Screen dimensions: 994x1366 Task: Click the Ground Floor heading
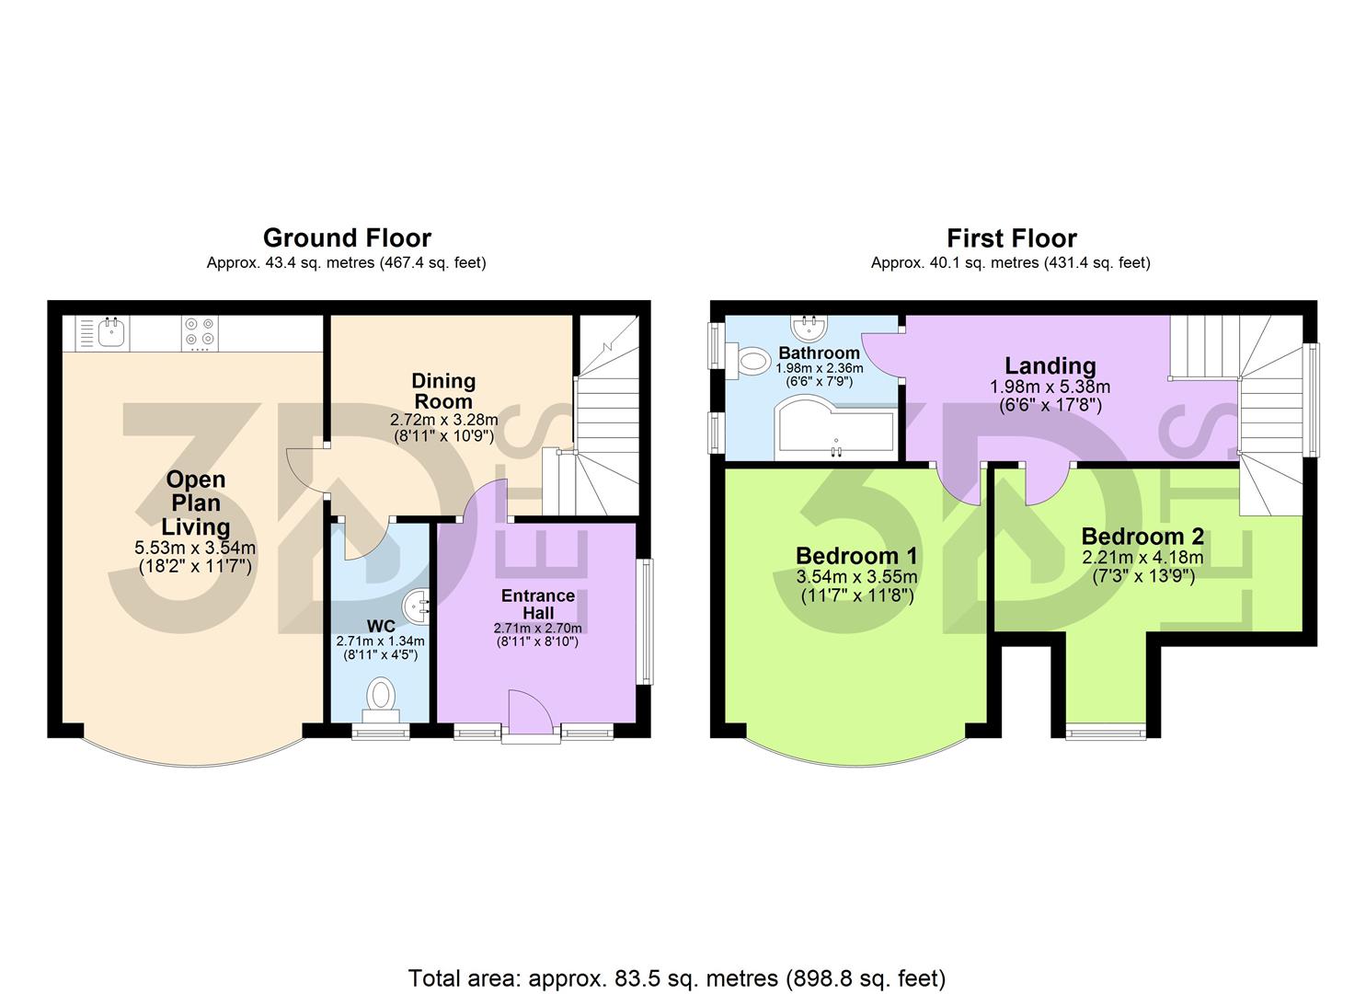pyautogui.click(x=347, y=238)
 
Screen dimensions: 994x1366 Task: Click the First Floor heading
pyautogui.click(x=1011, y=238)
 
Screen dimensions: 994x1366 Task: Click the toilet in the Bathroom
pyautogui.click(x=752, y=360)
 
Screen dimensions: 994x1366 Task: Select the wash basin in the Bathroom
pyautogui.click(x=810, y=328)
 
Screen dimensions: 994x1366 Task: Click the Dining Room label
pyautogui.click(x=443, y=391)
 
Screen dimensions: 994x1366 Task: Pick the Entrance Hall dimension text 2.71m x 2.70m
pyautogui.click(x=537, y=628)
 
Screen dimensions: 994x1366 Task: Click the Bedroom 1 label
pyautogui.click(x=855, y=556)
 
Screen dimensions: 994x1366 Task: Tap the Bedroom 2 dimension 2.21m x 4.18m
pyautogui.click(x=1142, y=558)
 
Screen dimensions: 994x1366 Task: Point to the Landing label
pyautogui.click(x=1050, y=366)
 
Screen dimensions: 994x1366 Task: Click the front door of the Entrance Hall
pyautogui.click(x=531, y=714)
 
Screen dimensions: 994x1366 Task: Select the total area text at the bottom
pyautogui.click(x=676, y=977)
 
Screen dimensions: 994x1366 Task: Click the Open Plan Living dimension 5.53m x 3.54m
pyautogui.click(x=195, y=549)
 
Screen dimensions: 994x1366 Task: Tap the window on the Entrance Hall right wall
pyautogui.click(x=647, y=621)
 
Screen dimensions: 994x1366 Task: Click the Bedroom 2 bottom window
pyautogui.click(x=1105, y=733)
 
